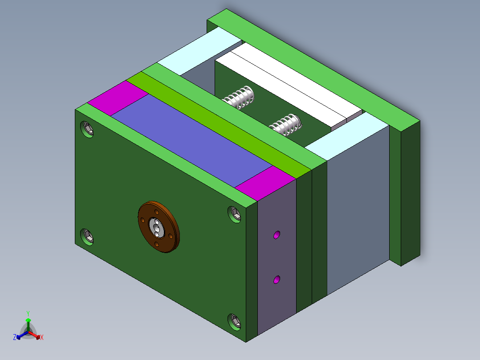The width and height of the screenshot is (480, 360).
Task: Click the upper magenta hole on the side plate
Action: pyautogui.click(x=277, y=235)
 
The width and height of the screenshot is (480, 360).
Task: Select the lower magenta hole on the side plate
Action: pyautogui.click(x=277, y=280)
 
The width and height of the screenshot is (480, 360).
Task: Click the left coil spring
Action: pyautogui.click(x=240, y=97)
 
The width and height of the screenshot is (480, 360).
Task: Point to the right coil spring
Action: pyautogui.click(x=286, y=124)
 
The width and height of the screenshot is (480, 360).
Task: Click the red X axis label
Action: pyautogui.click(x=42, y=338)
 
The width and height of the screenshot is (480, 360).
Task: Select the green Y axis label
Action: pyautogui.click(x=28, y=313)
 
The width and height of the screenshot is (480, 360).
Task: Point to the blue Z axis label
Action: pyautogui.click(x=15, y=338)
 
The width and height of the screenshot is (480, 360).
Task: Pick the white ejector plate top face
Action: pyautogui.click(x=289, y=85)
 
